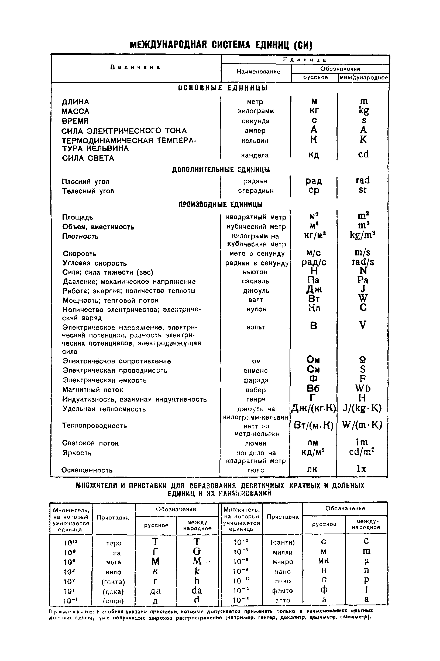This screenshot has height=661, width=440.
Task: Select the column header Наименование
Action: tap(258, 72)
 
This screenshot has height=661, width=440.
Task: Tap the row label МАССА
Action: tap(75, 111)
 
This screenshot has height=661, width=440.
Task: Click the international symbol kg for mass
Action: tap(364, 110)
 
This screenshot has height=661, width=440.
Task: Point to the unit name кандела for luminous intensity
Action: tap(255, 156)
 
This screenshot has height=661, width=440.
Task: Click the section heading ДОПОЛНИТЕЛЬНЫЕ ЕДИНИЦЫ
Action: tap(221, 170)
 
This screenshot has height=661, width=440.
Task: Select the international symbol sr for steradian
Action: tap(363, 190)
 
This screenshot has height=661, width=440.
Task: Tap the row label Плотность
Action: tap(80, 236)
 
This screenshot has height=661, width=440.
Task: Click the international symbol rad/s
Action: tap(363, 262)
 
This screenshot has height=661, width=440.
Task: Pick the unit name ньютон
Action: tap(255, 272)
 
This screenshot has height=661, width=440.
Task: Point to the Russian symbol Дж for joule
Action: tap(314, 289)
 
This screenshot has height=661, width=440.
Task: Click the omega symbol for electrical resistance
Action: tap(363, 360)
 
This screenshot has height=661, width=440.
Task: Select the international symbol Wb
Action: tap(363, 388)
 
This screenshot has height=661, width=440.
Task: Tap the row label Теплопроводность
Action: tap(94, 426)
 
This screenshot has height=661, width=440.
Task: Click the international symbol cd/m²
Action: tap(362, 452)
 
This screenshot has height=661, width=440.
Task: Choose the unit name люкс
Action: tap(255, 470)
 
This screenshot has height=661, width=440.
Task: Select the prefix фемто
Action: tap(282, 591)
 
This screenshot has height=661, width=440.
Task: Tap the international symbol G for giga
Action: tap(197, 552)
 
